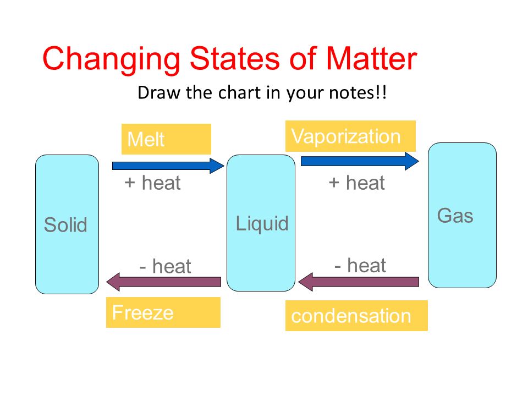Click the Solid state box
[x=67, y=224]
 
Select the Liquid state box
[x=261, y=223]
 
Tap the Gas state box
[x=462, y=215]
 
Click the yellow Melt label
[x=166, y=139]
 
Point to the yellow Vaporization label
[x=350, y=136]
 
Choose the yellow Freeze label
[x=163, y=312]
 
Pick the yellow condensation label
[x=356, y=316]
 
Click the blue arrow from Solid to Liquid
[x=168, y=165]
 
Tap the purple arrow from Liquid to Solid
[x=164, y=282]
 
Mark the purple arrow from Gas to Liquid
[x=359, y=282]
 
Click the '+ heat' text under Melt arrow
[x=152, y=183]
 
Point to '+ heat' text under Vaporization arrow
[x=356, y=183]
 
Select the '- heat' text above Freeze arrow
[x=165, y=267]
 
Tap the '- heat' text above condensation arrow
[x=360, y=266]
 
